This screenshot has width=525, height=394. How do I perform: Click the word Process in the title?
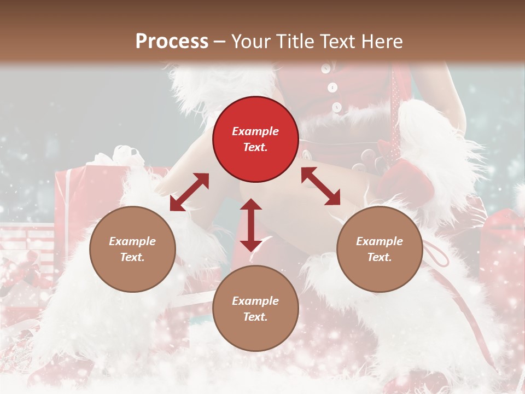click(x=172, y=42)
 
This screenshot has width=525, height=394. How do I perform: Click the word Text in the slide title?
click(x=342, y=42)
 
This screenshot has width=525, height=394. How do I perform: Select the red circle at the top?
click(x=255, y=139)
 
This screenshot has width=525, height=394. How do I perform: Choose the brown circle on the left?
click(x=132, y=249)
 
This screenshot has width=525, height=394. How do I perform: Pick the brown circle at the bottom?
click(x=255, y=309)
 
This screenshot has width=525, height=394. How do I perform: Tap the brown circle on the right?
click(x=380, y=249)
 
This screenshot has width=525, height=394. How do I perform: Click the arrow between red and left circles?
click(x=189, y=192)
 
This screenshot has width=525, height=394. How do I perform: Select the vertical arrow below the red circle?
click(x=251, y=225)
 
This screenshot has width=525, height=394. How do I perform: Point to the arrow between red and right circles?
click(x=321, y=186)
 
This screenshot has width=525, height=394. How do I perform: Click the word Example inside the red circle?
click(x=255, y=131)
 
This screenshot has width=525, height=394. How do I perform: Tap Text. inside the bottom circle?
click(x=255, y=317)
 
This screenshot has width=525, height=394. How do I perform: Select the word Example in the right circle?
click(x=380, y=241)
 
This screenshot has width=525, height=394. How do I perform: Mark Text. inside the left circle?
click(x=132, y=257)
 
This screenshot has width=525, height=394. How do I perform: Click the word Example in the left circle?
click(x=132, y=241)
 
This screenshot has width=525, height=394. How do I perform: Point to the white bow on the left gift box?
click(x=118, y=156)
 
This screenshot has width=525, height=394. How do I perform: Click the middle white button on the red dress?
click(x=332, y=88)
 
